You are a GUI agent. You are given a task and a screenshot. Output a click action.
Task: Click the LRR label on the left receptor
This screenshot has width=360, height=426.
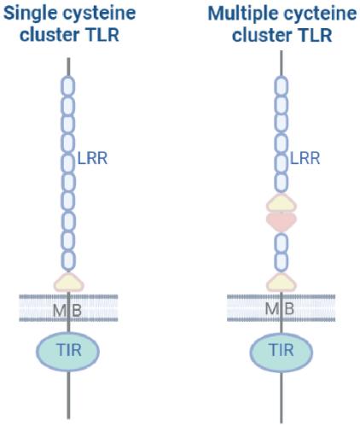point(93,159)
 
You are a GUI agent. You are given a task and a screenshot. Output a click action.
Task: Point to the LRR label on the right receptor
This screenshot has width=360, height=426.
point(305,159)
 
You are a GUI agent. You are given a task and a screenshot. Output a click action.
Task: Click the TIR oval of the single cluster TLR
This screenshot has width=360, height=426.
point(68,351)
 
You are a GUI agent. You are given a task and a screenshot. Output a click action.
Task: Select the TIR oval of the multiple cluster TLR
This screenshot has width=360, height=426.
point(282,352)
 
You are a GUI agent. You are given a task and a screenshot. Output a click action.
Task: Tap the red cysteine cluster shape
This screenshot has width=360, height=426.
point(282,221)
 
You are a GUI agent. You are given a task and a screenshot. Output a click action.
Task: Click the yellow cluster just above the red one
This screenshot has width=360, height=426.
point(282,203)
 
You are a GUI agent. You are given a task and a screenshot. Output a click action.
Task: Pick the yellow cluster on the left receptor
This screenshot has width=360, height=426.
point(69,283)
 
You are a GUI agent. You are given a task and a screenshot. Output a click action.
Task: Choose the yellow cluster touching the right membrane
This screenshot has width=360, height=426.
point(282,283)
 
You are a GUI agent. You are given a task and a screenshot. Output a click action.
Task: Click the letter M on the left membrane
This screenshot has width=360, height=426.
point(59,311)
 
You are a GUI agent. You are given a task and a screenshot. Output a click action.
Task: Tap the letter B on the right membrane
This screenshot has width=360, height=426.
point(289,309)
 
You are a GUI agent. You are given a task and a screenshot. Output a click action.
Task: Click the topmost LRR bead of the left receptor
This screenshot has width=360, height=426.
point(68,86)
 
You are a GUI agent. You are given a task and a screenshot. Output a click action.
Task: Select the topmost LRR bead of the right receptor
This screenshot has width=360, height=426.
point(282,86)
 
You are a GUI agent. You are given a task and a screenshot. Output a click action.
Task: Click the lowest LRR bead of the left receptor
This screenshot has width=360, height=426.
point(68,261)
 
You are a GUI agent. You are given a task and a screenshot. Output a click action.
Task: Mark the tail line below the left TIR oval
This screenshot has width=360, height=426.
point(68,394)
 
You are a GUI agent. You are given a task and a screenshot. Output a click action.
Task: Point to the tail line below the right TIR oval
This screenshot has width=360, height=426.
point(282,397)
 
